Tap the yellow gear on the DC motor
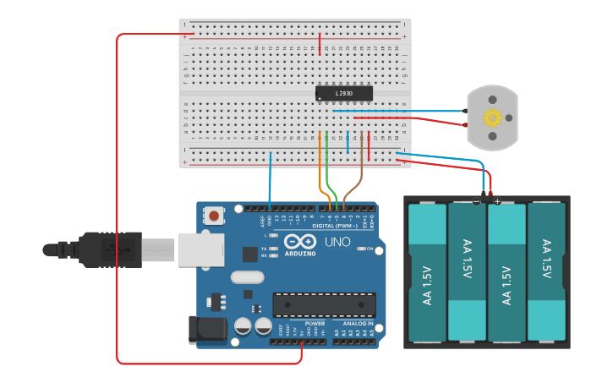click(x=492, y=118)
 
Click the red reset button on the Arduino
click(x=214, y=216)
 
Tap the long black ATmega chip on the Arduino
click(x=324, y=305)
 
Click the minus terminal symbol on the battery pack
click(x=477, y=202)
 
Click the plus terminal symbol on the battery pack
click(x=497, y=202)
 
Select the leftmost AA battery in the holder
click(x=427, y=272)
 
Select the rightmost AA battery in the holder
click(x=547, y=272)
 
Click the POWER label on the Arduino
click(x=315, y=324)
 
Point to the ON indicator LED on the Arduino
click(x=360, y=249)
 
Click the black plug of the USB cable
click(x=101, y=249)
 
